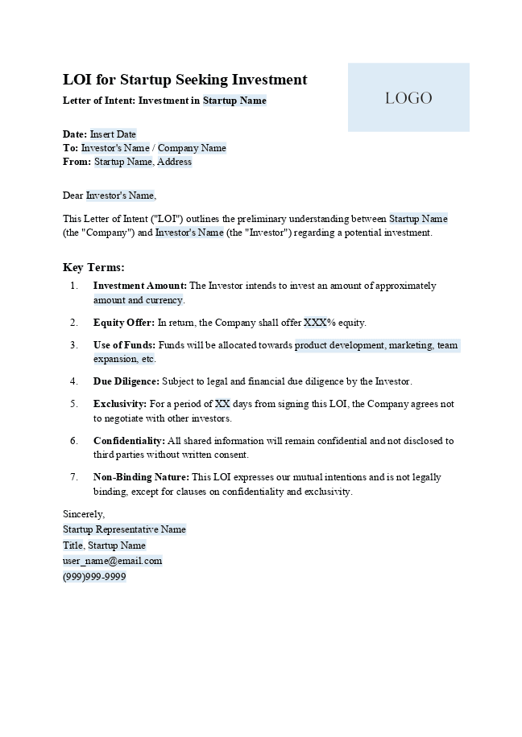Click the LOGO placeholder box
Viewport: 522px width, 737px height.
click(x=408, y=97)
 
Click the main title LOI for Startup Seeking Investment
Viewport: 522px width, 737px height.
click(x=184, y=80)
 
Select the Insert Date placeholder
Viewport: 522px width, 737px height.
click(x=113, y=134)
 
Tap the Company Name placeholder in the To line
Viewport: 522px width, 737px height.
click(x=192, y=148)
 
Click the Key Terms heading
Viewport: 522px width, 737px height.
click(x=93, y=267)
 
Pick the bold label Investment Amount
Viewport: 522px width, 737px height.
click(x=140, y=286)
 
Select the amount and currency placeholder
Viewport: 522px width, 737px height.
click(x=138, y=300)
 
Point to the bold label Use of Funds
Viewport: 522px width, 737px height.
click(x=124, y=345)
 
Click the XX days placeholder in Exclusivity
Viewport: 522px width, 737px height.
click(x=222, y=404)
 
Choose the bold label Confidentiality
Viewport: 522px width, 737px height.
click(x=129, y=441)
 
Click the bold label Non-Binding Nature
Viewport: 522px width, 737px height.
click(x=141, y=477)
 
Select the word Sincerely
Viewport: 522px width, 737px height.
click(x=84, y=514)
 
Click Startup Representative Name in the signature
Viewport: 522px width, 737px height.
click(x=124, y=529)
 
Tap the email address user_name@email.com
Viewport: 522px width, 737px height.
click(x=112, y=561)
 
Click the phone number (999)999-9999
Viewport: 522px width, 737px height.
click(x=94, y=577)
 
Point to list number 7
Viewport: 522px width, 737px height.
click(x=74, y=477)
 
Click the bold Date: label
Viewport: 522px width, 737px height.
click(x=75, y=134)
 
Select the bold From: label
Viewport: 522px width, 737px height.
click(x=77, y=162)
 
